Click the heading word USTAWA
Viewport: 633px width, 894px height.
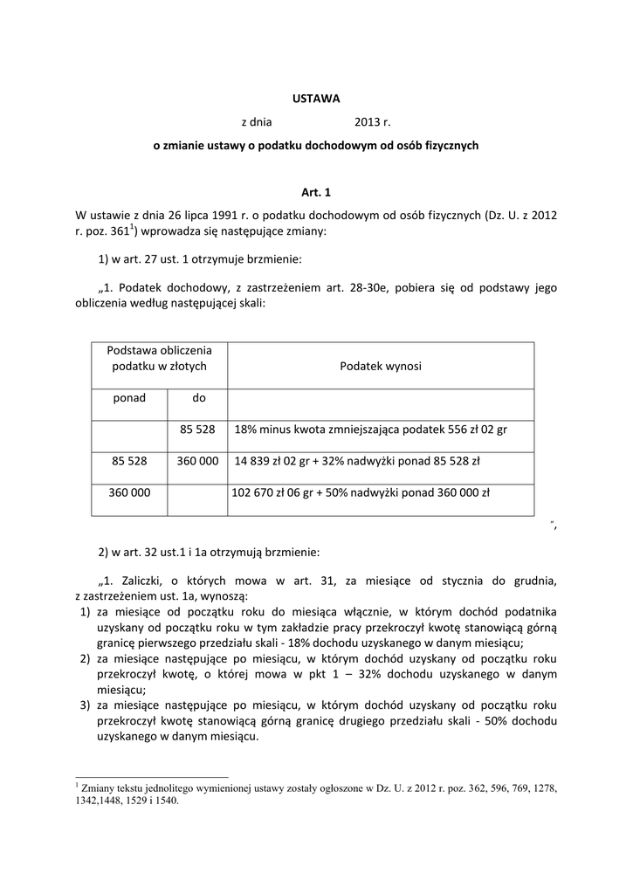point(315,99)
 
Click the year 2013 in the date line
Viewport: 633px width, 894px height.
point(367,123)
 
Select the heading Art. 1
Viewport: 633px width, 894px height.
point(316,191)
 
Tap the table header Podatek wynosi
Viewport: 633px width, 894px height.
point(380,366)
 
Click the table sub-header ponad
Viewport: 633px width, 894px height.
point(129,398)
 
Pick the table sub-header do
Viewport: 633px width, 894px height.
point(198,398)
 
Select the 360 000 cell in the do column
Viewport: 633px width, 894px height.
point(197,460)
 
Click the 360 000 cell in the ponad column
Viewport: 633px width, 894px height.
point(129,492)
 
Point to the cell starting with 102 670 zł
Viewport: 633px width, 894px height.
point(361,492)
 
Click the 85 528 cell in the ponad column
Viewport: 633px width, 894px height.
point(129,460)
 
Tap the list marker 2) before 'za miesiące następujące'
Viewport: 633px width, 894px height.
point(84,657)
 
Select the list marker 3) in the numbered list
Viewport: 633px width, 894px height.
point(84,705)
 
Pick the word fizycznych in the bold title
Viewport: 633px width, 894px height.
point(451,147)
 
